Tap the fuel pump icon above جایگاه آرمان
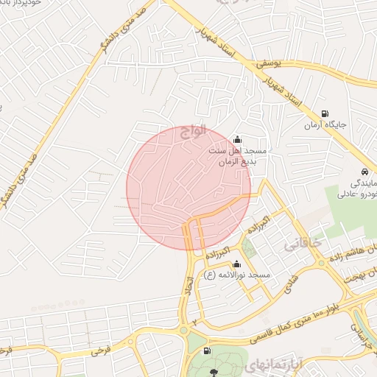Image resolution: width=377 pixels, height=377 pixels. click(x=325, y=114)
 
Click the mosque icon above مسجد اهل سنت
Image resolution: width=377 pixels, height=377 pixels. click(x=237, y=139)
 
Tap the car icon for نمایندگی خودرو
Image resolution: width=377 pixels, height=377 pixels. click(x=366, y=172)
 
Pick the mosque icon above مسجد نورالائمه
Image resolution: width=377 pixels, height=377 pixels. click(x=236, y=264)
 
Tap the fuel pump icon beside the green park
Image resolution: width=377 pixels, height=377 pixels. click(x=205, y=351)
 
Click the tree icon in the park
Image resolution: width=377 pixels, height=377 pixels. click(x=214, y=372)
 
